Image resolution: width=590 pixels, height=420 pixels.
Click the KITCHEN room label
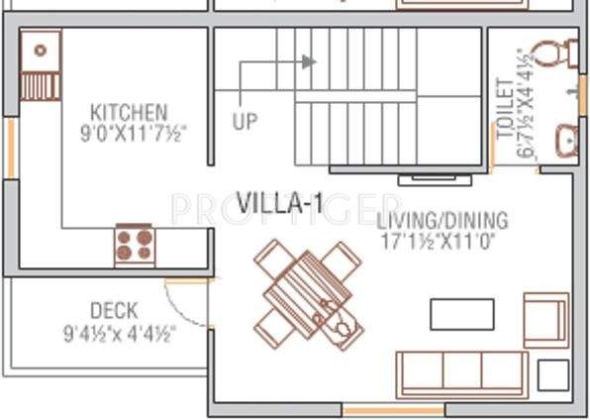coord(129,112)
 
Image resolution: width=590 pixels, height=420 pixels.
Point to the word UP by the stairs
coord(245,123)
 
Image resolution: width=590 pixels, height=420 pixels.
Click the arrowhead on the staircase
coord(309,61)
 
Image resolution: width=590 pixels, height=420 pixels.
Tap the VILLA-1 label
coord(280,203)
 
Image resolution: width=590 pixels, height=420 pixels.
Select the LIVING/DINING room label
coord(442,220)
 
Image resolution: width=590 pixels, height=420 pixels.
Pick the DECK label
coord(114,311)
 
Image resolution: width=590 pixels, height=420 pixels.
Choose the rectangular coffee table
coord(461,313)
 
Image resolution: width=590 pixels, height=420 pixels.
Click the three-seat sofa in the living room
coord(461,373)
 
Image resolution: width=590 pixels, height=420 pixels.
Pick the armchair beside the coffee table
coord(545,319)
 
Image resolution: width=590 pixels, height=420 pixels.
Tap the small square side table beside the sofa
coord(552,374)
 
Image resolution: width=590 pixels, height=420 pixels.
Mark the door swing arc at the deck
coord(188,300)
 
